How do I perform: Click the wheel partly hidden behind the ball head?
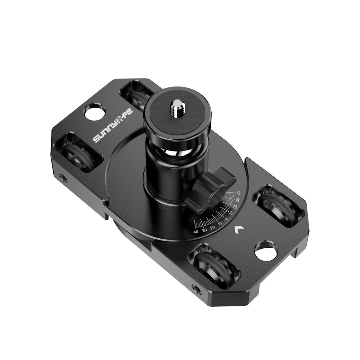(x=137, y=95)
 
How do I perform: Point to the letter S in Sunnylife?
(x=97, y=139)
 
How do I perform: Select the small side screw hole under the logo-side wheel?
(x=63, y=177)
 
